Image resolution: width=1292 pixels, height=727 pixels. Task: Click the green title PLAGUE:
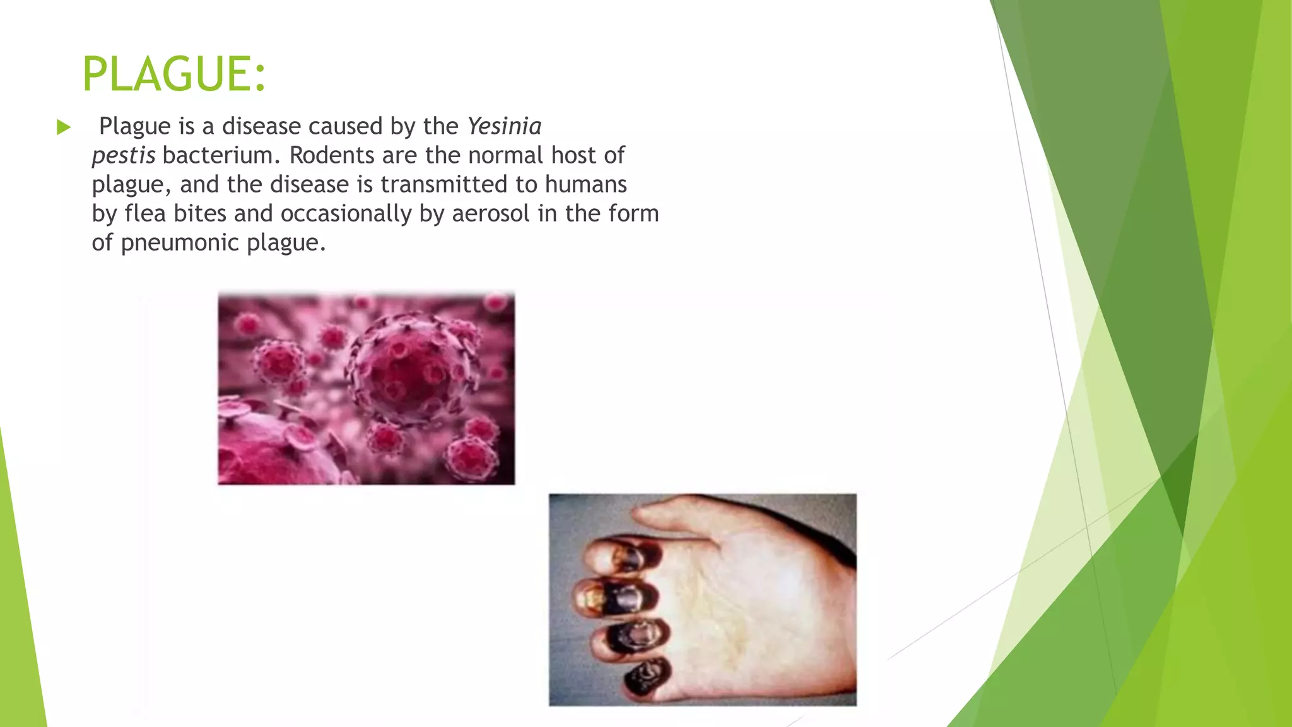point(174,74)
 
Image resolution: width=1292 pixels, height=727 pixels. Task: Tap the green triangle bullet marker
point(63,127)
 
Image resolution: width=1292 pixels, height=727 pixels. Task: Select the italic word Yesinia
point(504,126)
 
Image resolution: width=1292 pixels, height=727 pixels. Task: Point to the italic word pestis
point(124,155)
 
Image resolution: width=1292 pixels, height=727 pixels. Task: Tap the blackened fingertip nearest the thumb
point(621,555)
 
